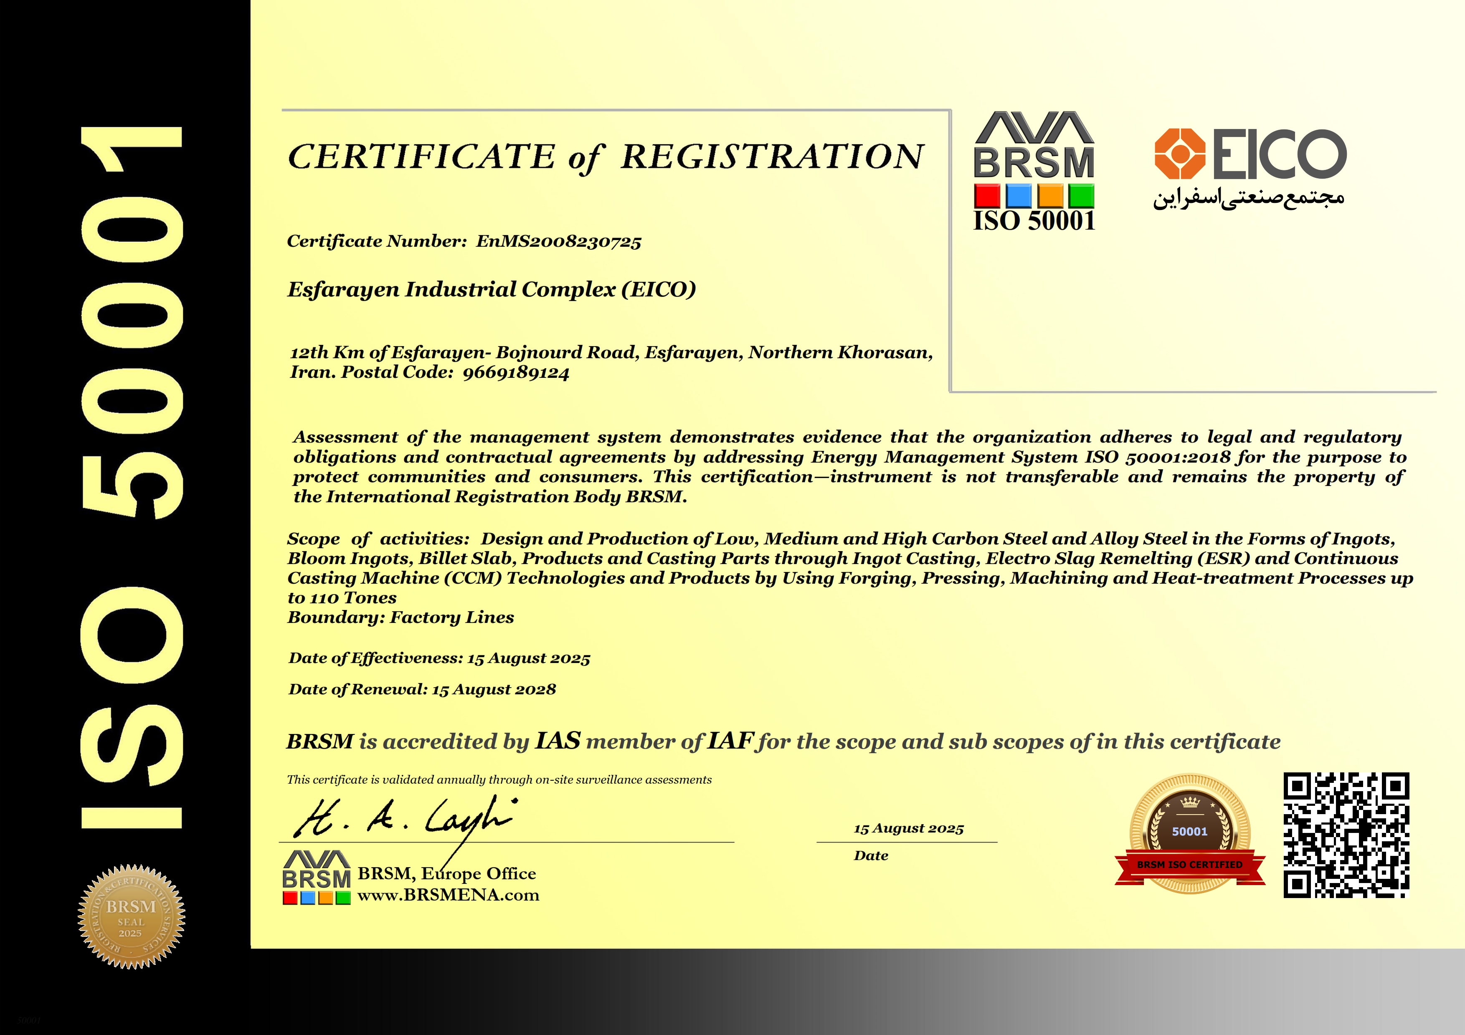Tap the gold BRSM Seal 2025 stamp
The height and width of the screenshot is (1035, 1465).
click(x=131, y=917)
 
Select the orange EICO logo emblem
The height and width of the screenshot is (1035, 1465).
click(x=1180, y=154)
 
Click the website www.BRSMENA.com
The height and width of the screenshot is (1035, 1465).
click(x=448, y=895)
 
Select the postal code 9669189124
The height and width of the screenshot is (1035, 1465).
click(x=516, y=373)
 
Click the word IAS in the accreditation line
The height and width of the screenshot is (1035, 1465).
click(x=558, y=741)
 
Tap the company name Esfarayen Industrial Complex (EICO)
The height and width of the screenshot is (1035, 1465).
click(x=491, y=289)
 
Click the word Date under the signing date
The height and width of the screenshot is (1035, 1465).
click(x=871, y=856)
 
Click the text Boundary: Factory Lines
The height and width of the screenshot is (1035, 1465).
click(x=401, y=617)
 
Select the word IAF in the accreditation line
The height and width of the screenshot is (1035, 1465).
click(x=730, y=741)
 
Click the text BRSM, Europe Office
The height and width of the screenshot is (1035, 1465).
click(x=447, y=874)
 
